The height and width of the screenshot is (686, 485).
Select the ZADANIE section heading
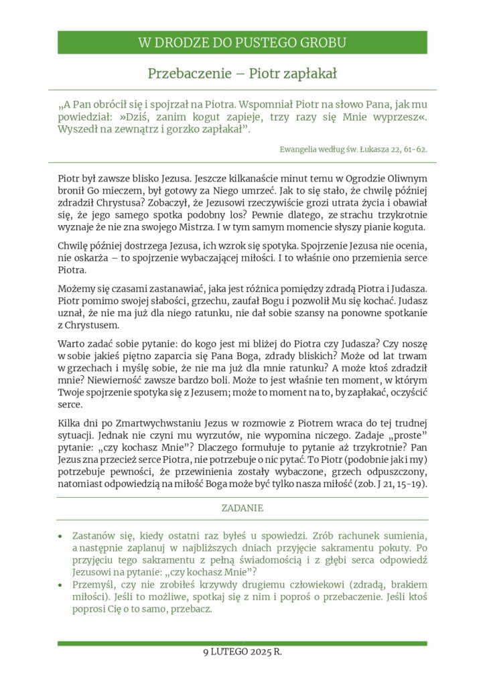pos(242,508)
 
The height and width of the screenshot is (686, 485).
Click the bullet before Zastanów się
pos(61,537)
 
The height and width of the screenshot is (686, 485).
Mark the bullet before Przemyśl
pos(61,586)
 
